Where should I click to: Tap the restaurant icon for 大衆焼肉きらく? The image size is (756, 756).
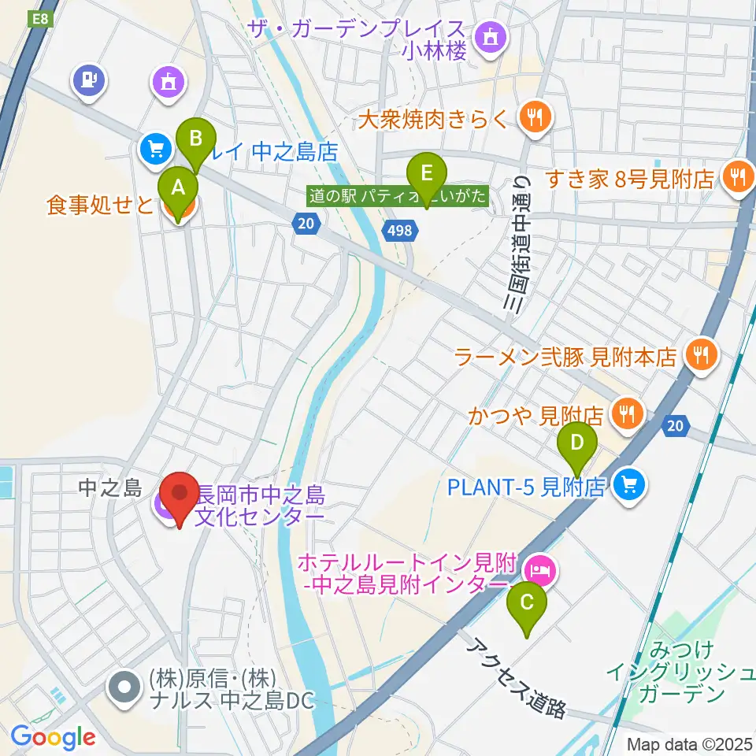coord(536,118)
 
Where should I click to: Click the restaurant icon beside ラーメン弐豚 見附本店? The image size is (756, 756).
coord(700,356)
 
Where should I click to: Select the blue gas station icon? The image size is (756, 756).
coord(90,80)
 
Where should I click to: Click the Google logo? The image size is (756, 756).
coord(53,736)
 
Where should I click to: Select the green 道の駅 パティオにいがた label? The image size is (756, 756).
coord(398,195)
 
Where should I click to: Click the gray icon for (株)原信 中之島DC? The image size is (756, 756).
coord(125,687)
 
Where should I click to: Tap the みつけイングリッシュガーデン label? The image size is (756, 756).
coord(682,672)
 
